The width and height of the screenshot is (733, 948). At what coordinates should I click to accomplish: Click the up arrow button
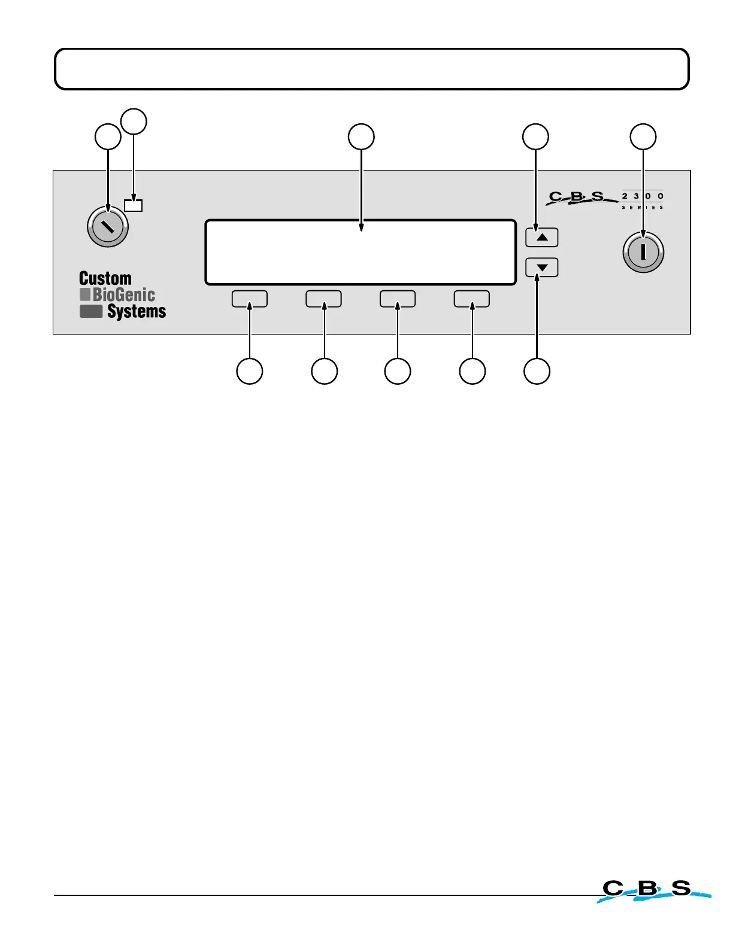pyautogui.click(x=542, y=238)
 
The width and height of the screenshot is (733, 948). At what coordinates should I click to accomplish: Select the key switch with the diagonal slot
pyautogui.click(x=108, y=227)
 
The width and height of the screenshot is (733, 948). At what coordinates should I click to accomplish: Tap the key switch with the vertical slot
pyautogui.click(x=643, y=252)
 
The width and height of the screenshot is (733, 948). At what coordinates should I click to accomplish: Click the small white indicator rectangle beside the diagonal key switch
pyautogui.click(x=134, y=205)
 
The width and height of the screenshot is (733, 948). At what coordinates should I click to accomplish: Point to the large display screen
pyautogui.click(x=361, y=252)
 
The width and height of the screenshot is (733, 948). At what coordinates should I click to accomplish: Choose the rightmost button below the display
pyautogui.click(x=472, y=299)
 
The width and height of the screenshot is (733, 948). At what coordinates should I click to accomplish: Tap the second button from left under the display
pyautogui.click(x=324, y=299)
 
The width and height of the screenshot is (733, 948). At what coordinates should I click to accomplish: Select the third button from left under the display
pyautogui.click(x=398, y=299)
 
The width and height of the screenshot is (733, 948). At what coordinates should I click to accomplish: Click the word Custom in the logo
pyautogui.click(x=105, y=278)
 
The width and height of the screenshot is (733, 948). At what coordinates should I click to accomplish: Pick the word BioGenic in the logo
pyautogui.click(x=124, y=294)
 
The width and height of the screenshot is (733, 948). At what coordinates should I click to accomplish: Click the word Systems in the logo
pyautogui.click(x=137, y=311)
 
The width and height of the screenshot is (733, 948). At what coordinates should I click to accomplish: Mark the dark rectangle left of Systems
pyautogui.click(x=91, y=311)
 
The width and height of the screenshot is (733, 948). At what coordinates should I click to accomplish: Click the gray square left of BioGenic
pyautogui.click(x=85, y=294)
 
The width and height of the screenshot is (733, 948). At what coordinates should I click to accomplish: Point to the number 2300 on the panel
pyautogui.click(x=643, y=196)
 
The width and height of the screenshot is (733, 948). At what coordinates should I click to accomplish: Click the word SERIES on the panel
pyautogui.click(x=643, y=207)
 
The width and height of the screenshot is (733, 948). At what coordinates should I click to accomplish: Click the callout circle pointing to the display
pyautogui.click(x=362, y=137)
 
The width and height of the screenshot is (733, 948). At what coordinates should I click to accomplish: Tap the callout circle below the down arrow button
pyautogui.click(x=537, y=371)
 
